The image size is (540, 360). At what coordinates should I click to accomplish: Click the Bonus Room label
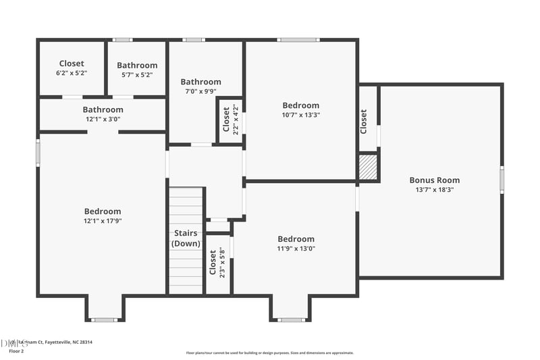[x=434, y=180]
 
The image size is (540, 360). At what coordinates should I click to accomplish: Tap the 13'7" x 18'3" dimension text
[x=434, y=190]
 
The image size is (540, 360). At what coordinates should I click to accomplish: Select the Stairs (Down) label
[x=185, y=238]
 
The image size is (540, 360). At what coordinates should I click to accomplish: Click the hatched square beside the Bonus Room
[x=367, y=167]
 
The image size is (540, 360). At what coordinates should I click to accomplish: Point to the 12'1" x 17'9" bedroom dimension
[x=103, y=221]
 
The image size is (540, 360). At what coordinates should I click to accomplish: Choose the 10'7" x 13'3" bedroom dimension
[x=301, y=115]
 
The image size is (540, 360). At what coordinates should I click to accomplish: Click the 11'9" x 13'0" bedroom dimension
[x=296, y=249]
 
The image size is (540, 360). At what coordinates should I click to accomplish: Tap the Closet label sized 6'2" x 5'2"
[x=72, y=63]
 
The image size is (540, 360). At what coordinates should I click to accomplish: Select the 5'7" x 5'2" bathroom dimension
[x=137, y=75]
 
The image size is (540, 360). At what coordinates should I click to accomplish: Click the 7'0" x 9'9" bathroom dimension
[x=200, y=91]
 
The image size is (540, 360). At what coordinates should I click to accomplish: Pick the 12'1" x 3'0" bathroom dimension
[x=103, y=119]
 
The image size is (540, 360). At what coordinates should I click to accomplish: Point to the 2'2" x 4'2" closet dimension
[x=236, y=120]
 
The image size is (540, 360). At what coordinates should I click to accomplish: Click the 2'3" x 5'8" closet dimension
[x=222, y=263]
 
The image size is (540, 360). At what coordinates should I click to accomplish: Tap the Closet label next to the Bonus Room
[x=363, y=122]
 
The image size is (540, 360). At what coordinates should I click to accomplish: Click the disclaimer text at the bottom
[x=269, y=353]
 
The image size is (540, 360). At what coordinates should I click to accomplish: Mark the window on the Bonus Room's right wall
[x=502, y=180]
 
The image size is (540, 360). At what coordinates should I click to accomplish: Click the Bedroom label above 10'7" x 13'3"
[x=301, y=105]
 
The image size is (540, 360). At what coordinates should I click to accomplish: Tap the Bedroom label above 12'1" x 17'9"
[x=103, y=211]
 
